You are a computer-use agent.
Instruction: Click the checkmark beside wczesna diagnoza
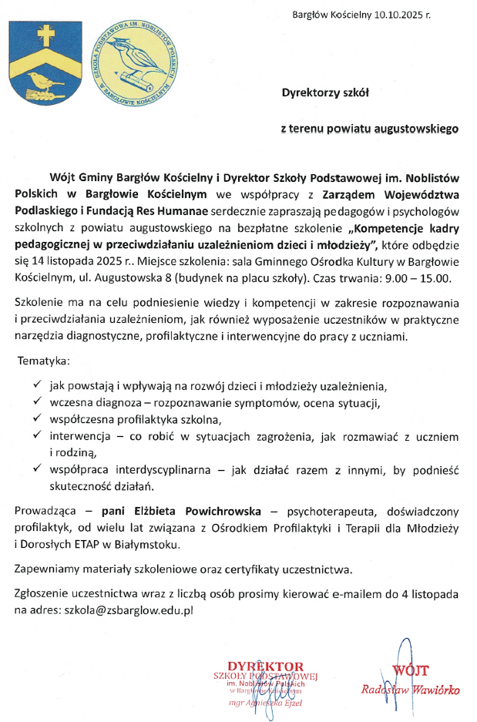pyautogui.click(x=39, y=402)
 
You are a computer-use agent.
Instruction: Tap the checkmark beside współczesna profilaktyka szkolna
pyautogui.click(x=39, y=419)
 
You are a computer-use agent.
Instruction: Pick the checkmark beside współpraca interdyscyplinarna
pyautogui.click(x=39, y=468)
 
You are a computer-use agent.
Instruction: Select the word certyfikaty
pyautogui.click(x=233, y=570)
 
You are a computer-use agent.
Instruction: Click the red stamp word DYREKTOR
pyautogui.click(x=265, y=665)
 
